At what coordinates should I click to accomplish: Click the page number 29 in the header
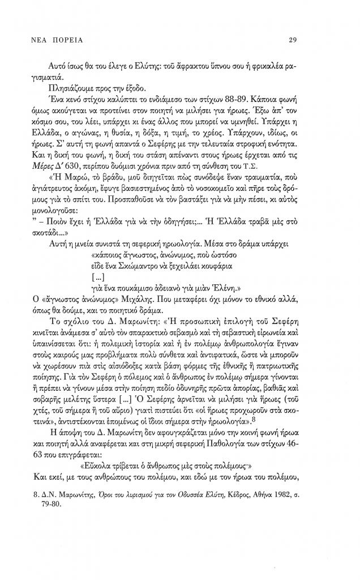[293, 40]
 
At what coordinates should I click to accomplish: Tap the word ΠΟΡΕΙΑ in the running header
[70, 40]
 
